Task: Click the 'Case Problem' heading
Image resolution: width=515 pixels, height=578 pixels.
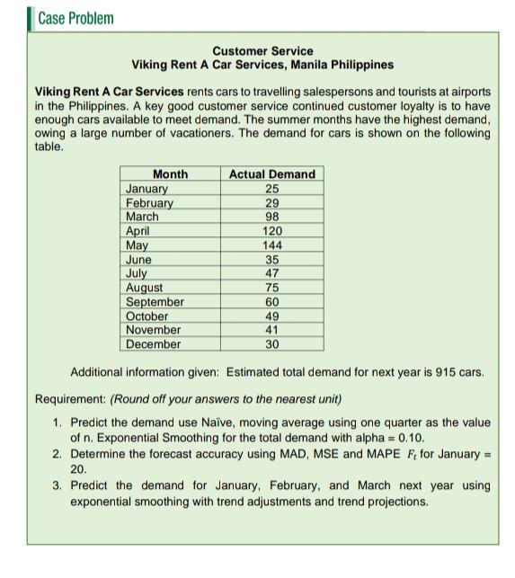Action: point(75,18)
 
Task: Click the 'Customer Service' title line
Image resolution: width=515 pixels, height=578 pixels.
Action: point(262,51)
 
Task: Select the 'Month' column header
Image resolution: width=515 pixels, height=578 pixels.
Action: point(170,173)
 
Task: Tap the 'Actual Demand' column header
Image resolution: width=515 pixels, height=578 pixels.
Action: point(272,173)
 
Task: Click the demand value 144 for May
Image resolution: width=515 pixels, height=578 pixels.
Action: point(272,245)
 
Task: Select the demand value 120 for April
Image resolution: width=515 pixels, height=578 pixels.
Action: point(272,231)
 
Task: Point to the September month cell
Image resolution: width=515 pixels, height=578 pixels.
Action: point(155,302)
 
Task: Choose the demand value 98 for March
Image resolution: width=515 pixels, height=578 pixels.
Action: point(272,217)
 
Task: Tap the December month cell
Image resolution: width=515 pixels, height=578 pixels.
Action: point(153,344)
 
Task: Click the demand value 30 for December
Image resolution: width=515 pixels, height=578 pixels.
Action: point(272,344)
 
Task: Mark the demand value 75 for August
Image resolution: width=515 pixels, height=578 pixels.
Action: point(272,288)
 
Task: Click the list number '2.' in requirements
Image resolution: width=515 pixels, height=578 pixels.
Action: point(57,453)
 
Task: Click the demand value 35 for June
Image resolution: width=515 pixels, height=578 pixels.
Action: point(272,260)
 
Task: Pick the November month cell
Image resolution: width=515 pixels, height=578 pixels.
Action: point(153,330)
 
